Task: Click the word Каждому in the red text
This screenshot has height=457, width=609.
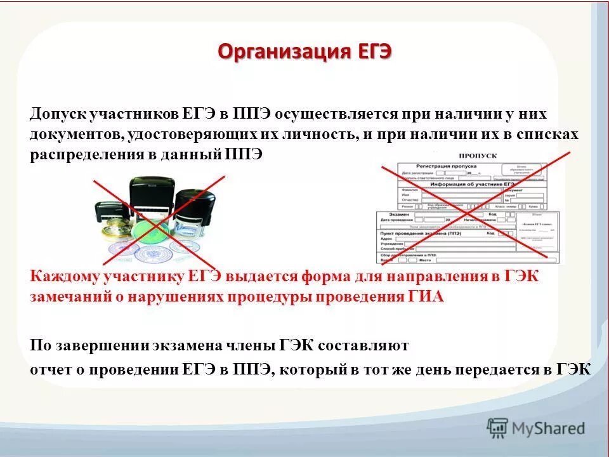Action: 62,277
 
